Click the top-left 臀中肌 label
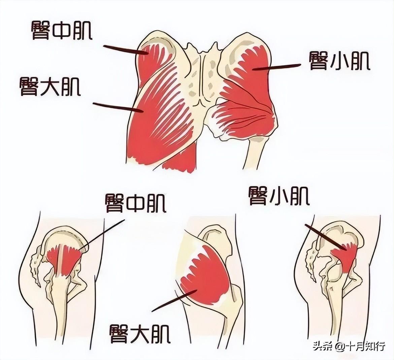pos(62,30)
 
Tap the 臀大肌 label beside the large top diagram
pos(50,86)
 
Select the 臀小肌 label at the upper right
pos(339,61)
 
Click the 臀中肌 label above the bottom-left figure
pos(135,203)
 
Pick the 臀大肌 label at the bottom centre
pos(140,334)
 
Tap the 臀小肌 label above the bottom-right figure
pos(279,196)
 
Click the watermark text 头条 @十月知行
pos(349,347)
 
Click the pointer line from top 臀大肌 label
pos(117,107)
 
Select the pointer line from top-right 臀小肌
pos(276,67)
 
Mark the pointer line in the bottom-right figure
pos(325,237)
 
